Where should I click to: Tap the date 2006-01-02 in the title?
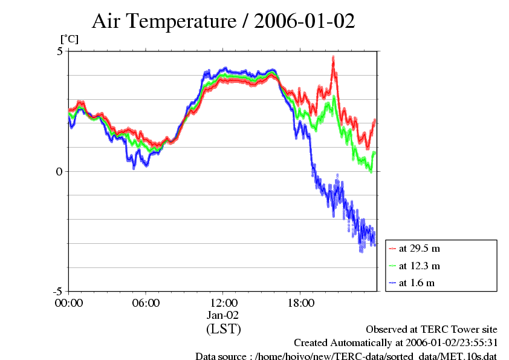[305, 22]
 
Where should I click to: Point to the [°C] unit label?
[69, 39]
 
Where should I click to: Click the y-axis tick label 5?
[60, 51]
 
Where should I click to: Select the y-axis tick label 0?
[60, 171]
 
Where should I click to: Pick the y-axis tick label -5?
[57, 291]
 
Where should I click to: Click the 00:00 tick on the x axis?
[69, 303]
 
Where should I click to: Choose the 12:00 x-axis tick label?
[223, 303]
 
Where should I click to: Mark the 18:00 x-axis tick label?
[300, 303]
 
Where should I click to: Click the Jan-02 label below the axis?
[223, 315]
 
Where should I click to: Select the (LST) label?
[223, 329]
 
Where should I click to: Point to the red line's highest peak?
[333, 57]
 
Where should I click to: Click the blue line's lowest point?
[361, 250]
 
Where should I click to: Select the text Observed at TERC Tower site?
[432, 330]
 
